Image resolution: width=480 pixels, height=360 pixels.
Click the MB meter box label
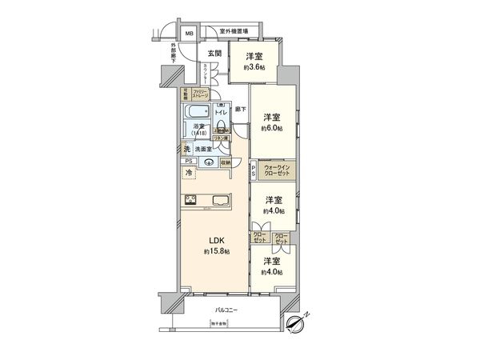pyautogui.click(x=190, y=34)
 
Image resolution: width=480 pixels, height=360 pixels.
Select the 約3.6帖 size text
pyautogui.click(x=255, y=68)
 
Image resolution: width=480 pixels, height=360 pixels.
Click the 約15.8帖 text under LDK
pyautogui.click(x=217, y=251)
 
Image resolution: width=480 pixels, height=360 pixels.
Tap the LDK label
pyautogui.click(x=216, y=240)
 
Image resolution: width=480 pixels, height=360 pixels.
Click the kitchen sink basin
pyautogui.click(x=220, y=200)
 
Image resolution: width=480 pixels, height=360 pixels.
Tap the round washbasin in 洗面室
pyautogui.click(x=208, y=163)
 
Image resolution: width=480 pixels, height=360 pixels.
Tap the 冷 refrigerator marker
pyautogui.click(x=189, y=172)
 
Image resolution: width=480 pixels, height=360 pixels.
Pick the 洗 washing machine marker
pyautogui.click(x=185, y=149)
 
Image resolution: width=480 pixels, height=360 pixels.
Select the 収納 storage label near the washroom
pyautogui.click(x=225, y=162)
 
